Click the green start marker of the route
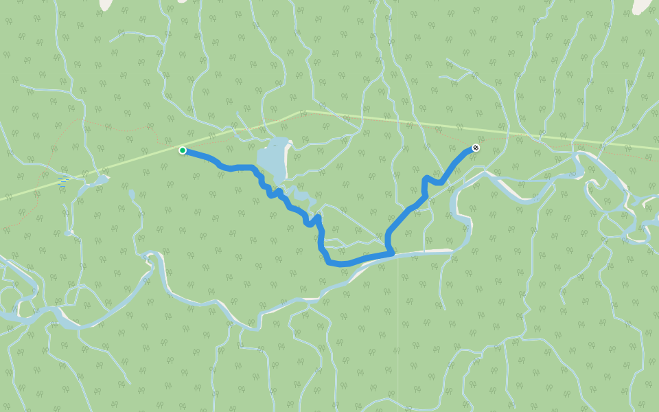pos(183,150)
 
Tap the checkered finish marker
pos(476,148)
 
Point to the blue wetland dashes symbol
pos(64,179)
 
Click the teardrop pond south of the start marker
pos(131,194)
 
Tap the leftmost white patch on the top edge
pos(106,3)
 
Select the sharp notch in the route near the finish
pos(427,180)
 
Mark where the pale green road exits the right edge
pos(656,147)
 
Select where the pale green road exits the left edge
pos(3,198)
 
